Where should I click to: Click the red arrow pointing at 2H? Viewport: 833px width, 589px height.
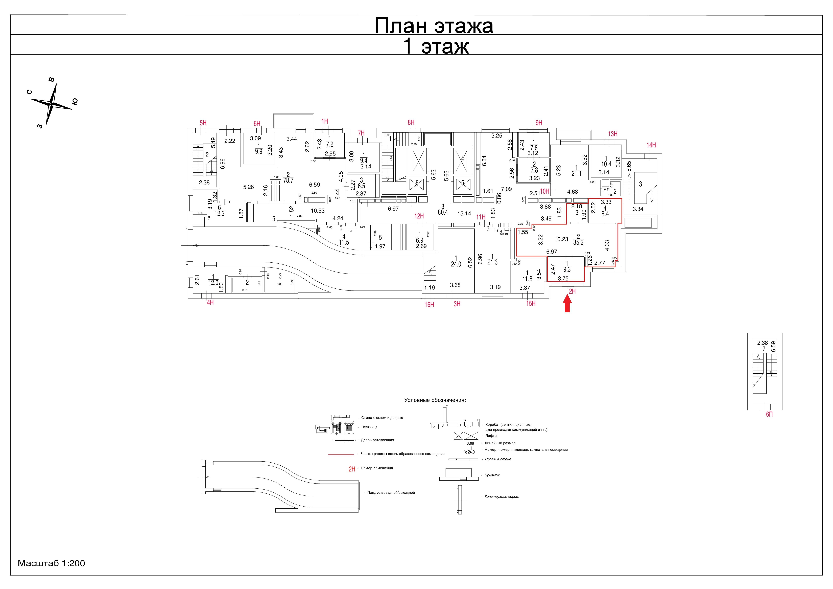[x=567, y=304]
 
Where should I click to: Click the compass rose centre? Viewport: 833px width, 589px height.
[x=52, y=104]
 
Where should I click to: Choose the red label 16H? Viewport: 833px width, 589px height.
[x=429, y=305]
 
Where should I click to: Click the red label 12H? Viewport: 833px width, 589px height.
[x=419, y=216]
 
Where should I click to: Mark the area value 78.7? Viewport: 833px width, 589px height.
[x=288, y=180]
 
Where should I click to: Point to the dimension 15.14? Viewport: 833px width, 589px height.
[x=464, y=213]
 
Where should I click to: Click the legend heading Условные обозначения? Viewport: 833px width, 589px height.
[x=435, y=400]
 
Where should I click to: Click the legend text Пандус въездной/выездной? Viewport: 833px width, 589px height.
[x=391, y=493]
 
